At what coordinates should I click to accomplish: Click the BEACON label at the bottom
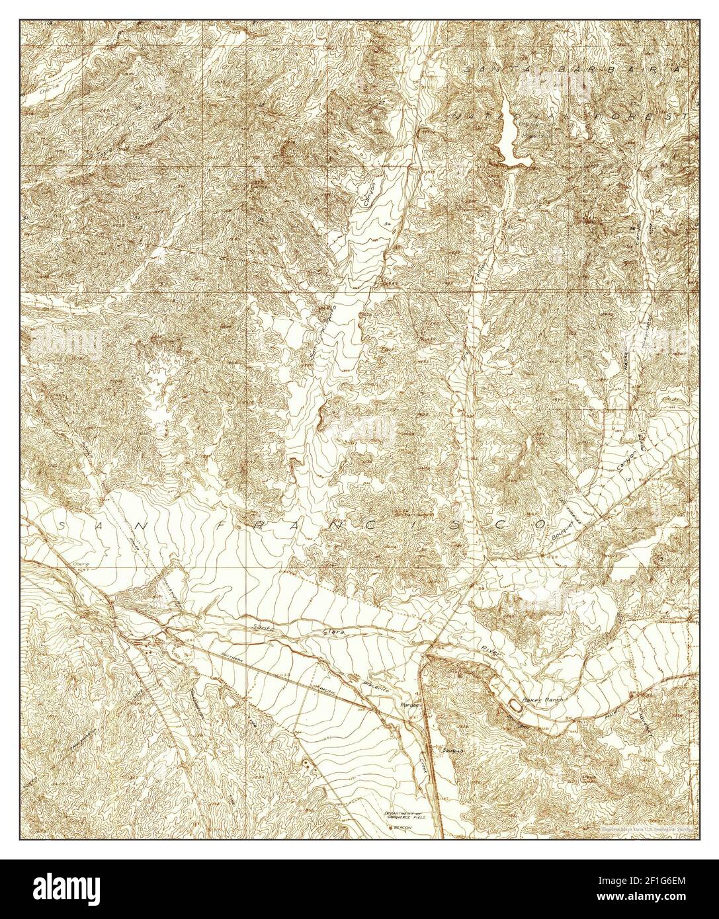point(400,827)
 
